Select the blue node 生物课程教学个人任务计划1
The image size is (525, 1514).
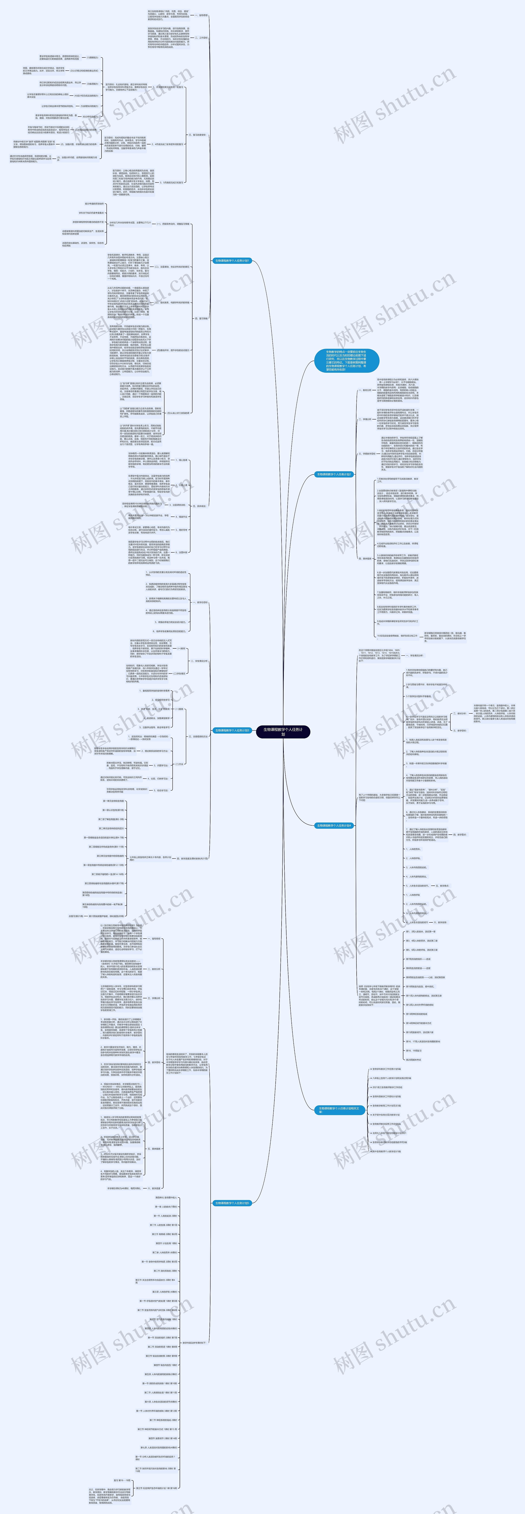click(232, 260)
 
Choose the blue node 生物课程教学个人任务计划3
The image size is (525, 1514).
click(232, 731)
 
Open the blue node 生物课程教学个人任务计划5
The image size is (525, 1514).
click(232, 1198)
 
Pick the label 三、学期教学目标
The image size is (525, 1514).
click(368, 454)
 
